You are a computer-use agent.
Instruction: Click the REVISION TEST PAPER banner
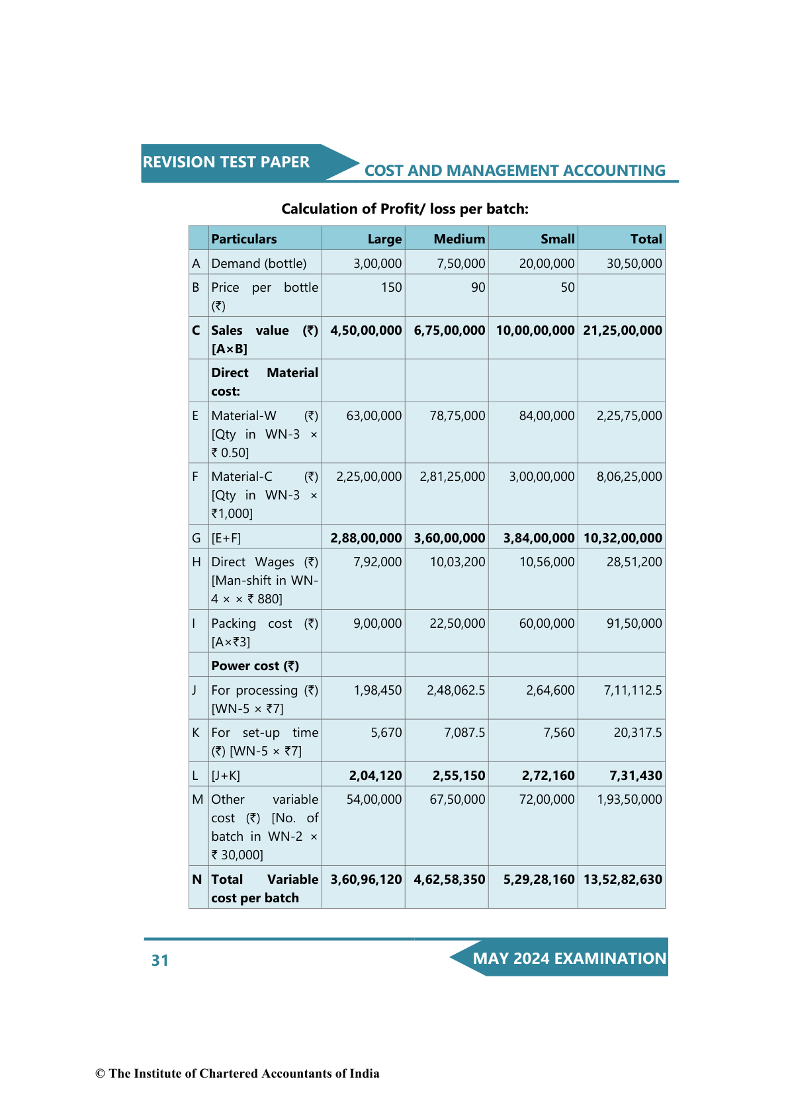click(x=226, y=162)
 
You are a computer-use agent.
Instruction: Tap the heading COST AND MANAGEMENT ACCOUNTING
click(x=515, y=171)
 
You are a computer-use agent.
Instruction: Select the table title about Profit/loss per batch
click(x=405, y=209)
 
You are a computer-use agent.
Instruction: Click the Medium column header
click(x=459, y=239)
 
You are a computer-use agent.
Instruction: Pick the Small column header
click(x=557, y=239)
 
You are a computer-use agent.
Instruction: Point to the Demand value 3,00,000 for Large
click(x=377, y=263)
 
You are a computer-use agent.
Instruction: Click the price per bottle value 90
click(x=478, y=287)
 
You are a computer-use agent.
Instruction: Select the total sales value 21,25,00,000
click(x=623, y=330)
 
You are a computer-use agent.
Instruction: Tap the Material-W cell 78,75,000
click(x=457, y=415)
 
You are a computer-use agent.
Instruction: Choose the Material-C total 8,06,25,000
click(x=629, y=476)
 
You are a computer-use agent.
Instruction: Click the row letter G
click(x=197, y=538)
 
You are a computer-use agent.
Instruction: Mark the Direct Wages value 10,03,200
click(x=457, y=562)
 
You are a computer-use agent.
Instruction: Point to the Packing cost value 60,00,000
click(x=547, y=623)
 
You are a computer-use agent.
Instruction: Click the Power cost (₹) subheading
click(x=255, y=665)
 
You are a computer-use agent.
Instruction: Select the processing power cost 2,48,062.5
click(x=456, y=690)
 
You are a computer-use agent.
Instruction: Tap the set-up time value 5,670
click(x=386, y=732)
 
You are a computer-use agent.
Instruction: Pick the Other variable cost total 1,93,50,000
click(x=629, y=799)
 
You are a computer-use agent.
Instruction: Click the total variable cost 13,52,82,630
click(x=623, y=879)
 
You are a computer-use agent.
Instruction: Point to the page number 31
click(x=160, y=961)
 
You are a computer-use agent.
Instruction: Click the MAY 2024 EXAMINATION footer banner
click(x=569, y=959)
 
